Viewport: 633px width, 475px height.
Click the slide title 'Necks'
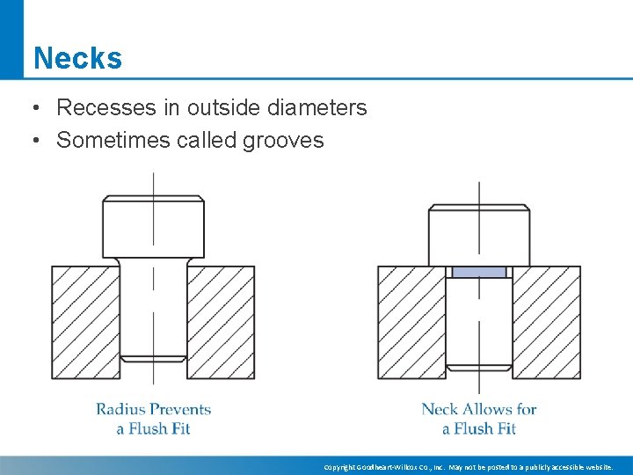77,59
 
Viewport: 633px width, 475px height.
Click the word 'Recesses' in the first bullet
98,108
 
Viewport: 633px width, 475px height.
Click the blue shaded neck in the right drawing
479,272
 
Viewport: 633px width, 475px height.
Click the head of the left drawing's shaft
154,228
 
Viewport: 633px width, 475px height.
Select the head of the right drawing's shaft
479,235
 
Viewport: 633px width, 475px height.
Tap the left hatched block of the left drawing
85,322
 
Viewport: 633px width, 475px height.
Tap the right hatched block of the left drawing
221,322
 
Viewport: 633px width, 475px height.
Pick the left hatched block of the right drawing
411,322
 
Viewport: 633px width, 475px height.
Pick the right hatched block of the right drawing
546,322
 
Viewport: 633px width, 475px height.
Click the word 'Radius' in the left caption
120,409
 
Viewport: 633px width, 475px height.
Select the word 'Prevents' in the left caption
181,409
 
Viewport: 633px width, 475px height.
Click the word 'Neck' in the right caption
440,409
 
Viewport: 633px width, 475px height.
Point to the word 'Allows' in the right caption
488,409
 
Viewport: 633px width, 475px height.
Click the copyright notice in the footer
468,467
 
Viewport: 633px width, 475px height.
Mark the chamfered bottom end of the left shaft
154,358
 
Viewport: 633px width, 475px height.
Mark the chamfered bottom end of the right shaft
479,367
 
